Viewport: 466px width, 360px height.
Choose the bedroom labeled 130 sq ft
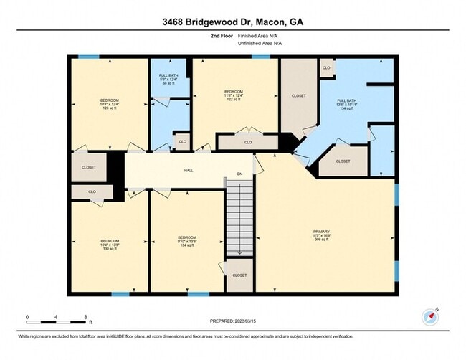[109, 245]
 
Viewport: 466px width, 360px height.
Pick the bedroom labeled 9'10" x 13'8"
[186, 242]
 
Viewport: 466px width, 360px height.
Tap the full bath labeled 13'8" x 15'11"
[347, 104]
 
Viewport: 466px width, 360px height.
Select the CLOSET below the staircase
[239, 275]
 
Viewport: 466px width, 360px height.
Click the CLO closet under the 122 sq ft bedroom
[248, 143]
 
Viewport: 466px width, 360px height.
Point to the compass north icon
[429, 316]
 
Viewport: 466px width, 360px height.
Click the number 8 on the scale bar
[85, 316]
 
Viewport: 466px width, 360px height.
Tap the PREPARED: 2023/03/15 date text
[233, 321]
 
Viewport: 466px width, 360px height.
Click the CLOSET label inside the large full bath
[343, 161]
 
